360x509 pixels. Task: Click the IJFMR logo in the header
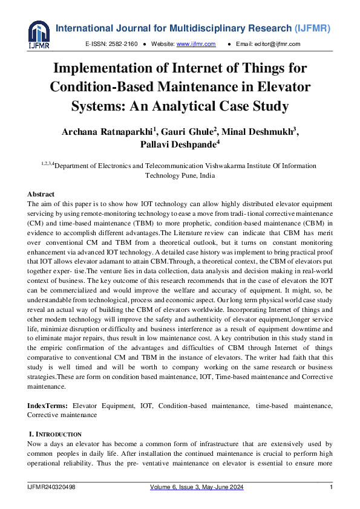[x=38, y=34]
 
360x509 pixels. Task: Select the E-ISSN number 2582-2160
[x=123, y=45]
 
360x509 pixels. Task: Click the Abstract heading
[x=41, y=194]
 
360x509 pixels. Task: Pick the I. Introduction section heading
[x=55, y=434]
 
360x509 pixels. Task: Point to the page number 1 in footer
[x=331, y=487]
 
